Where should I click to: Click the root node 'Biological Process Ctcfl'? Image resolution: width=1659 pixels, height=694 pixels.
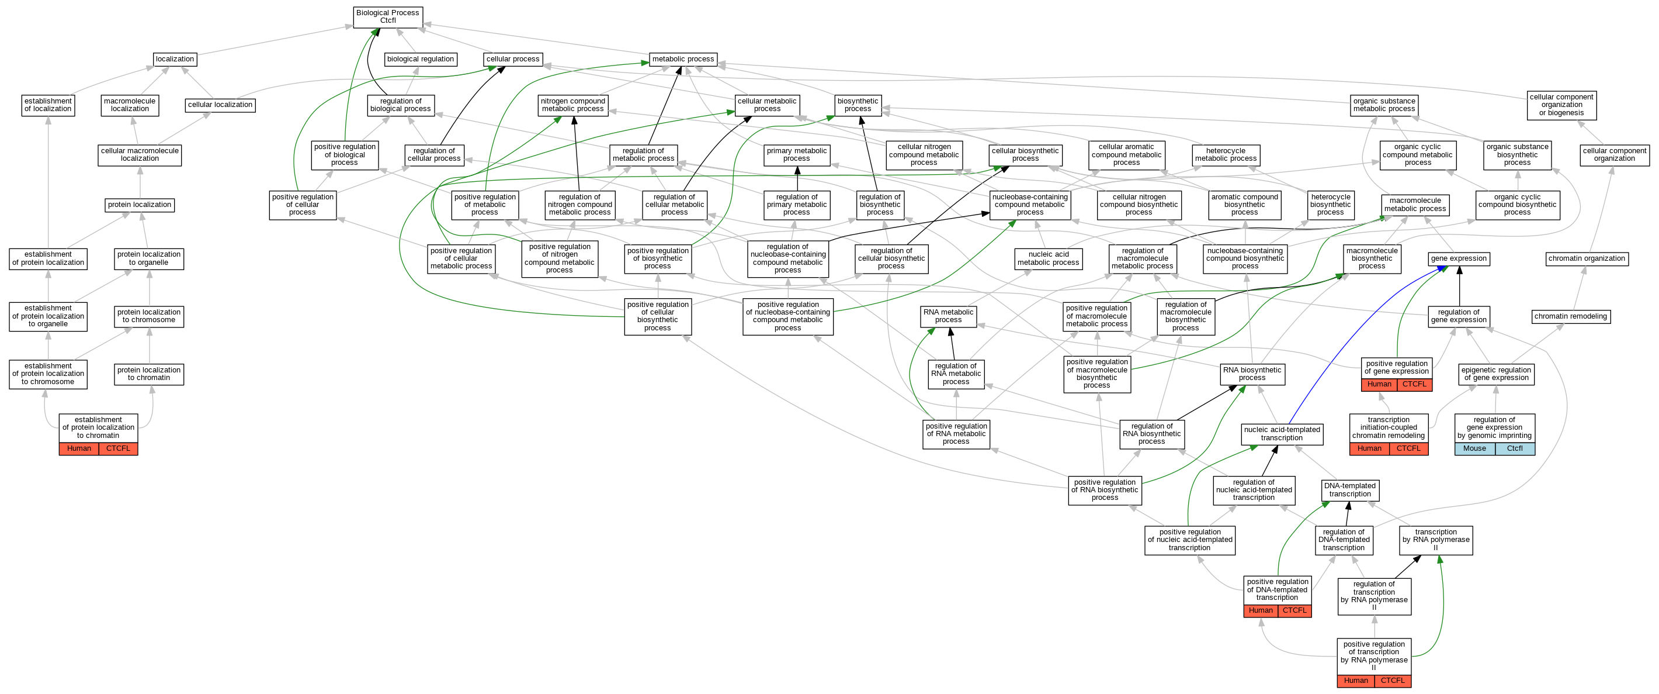(x=388, y=17)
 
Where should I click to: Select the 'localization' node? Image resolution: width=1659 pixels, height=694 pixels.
(x=175, y=59)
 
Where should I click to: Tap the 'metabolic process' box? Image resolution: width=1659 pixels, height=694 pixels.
(x=683, y=59)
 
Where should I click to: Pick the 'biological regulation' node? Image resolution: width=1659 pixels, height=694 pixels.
(x=421, y=59)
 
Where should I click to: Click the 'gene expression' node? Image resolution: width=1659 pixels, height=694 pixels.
(x=1458, y=259)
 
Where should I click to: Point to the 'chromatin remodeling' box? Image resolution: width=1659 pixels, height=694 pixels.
(x=1571, y=316)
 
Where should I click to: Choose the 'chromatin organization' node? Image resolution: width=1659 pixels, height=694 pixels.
(x=1587, y=259)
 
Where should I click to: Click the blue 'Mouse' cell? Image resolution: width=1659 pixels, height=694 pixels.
(x=1474, y=448)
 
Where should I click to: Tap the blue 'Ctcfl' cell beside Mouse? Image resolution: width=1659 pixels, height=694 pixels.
(x=1515, y=448)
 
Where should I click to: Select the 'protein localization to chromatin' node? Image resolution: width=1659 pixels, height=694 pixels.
(x=149, y=374)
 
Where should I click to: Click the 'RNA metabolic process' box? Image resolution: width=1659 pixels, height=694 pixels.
(x=948, y=316)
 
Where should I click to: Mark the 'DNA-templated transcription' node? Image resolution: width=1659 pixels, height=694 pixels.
(x=1350, y=491)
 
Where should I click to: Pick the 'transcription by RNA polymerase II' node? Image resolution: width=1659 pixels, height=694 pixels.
(x=1435, y=540)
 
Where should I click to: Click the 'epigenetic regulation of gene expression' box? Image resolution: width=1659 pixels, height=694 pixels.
(x=1496, y=374)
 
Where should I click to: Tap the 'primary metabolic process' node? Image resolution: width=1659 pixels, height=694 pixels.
(x=797, y=155)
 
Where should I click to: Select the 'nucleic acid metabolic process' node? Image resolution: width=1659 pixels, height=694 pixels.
(x=1048, y=258)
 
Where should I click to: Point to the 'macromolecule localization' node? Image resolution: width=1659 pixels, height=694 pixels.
(x=130, y=105)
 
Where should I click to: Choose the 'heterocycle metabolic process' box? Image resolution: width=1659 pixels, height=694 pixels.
(x=1226, y=155)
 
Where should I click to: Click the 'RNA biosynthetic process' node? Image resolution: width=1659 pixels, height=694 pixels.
(x=1252, y=374)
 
